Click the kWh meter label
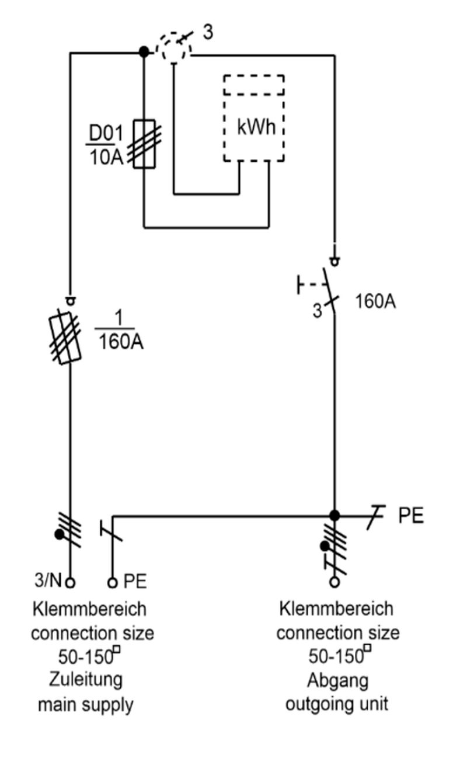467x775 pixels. coord(256,127)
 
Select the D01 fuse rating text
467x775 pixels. coord(106,145)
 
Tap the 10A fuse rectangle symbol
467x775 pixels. coord(144,144)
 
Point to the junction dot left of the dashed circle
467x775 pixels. coord(144,52)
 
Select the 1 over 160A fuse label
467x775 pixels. coord(119,331)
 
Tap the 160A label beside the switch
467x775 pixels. coord(375,301)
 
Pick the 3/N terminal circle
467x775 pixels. coord(70,583)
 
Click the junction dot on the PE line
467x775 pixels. coord(334,516)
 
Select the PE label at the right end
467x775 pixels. coord(411,515)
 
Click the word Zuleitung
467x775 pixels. coord(86,679)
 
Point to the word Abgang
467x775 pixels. coord(337,681)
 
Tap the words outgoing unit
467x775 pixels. coord(337,704)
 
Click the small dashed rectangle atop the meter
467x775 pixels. coord(254,85)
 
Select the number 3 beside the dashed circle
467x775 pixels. coord(208,32)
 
